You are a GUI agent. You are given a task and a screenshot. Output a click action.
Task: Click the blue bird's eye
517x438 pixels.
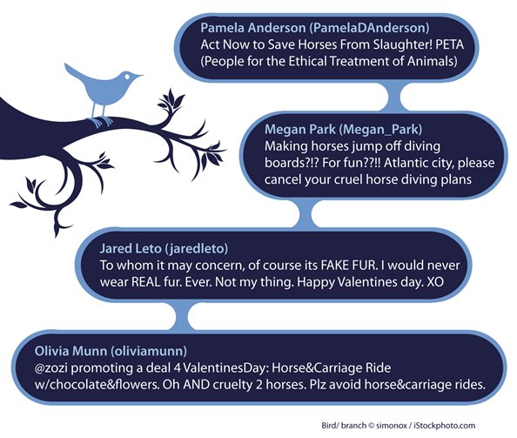(x=128, y=77)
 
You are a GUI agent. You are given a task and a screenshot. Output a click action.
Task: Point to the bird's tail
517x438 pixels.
(x=73, y=71)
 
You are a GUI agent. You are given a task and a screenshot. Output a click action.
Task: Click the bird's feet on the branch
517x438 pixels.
(x=102, y=122)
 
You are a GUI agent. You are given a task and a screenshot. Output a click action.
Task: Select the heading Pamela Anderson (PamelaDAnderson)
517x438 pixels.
(x=315, y=28)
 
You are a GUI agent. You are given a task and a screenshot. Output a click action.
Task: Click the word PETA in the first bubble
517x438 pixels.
(x=450, y=44)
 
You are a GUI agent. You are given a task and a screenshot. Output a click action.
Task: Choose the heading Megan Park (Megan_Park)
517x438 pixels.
(x=343, y=129)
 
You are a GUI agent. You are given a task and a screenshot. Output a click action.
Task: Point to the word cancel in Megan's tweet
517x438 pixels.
(x=283, y=179)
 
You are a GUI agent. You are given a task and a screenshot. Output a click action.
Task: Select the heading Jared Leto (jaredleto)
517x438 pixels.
(x=164, y=248)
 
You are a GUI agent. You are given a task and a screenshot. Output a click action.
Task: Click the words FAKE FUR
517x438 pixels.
(x=349, y=266)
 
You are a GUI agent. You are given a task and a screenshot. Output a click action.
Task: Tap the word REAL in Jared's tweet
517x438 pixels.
(x=146, y=282)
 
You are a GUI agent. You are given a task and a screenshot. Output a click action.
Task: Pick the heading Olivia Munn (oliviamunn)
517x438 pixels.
(x=111, y=351)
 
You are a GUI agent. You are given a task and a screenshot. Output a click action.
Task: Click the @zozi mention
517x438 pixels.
(x=51, y=367)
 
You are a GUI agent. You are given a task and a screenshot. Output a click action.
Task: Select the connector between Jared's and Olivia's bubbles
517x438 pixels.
(x=181, y=316)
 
